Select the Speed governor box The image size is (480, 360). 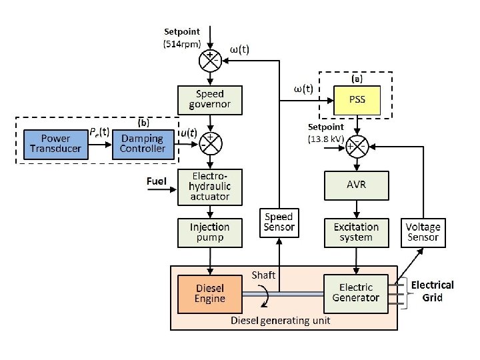[210, 99]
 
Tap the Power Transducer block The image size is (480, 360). [55, 143]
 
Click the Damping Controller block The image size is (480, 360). [142, 143]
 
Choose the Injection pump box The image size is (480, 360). [210, 232]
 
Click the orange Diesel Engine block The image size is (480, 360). [210, 293]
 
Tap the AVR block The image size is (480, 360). [356, 185]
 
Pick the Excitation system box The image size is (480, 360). [356, 232]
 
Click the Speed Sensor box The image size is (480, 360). [279, 222]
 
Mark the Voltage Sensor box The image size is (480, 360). [423, 232]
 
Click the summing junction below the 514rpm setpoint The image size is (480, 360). [211, 61]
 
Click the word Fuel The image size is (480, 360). [157, 181]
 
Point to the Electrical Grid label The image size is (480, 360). [432, 291]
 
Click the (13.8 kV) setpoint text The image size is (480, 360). [326, 139]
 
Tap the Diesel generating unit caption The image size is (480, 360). [280, 321]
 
